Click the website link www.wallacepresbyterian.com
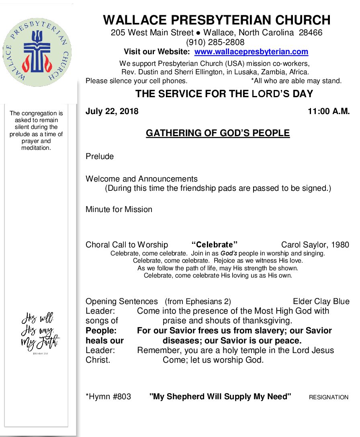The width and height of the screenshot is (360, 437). (251, 52)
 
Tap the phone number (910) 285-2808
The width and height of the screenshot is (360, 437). (215, 42)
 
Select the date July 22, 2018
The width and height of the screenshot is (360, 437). (112, 112)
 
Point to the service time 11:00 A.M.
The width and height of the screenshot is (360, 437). (329, 112)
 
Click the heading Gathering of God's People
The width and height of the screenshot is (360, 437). (217, 133)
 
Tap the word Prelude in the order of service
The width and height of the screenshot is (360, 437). (100, 156)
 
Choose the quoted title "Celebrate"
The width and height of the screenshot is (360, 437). (215, 245)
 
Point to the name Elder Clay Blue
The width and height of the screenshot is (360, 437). (321, 301)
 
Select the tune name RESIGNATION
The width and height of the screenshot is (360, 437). (328, 397)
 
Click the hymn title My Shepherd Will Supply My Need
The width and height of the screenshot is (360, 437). (220, 397)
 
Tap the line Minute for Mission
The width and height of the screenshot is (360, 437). (119, 209)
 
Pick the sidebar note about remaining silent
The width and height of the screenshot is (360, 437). (36, 131)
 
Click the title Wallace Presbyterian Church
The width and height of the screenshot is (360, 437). (217, 20)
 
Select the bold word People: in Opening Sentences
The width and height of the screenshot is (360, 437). (101, 331)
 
